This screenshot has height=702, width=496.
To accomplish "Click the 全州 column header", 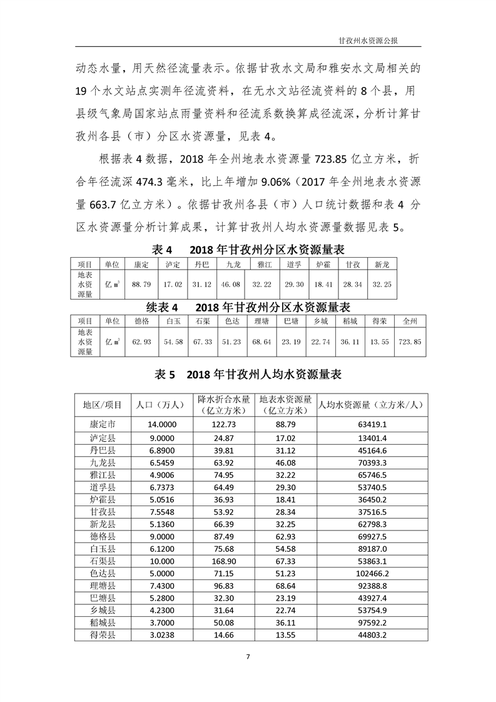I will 410,321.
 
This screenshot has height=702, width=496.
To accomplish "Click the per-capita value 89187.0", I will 370,548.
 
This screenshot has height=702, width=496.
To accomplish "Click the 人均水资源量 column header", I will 370,405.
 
